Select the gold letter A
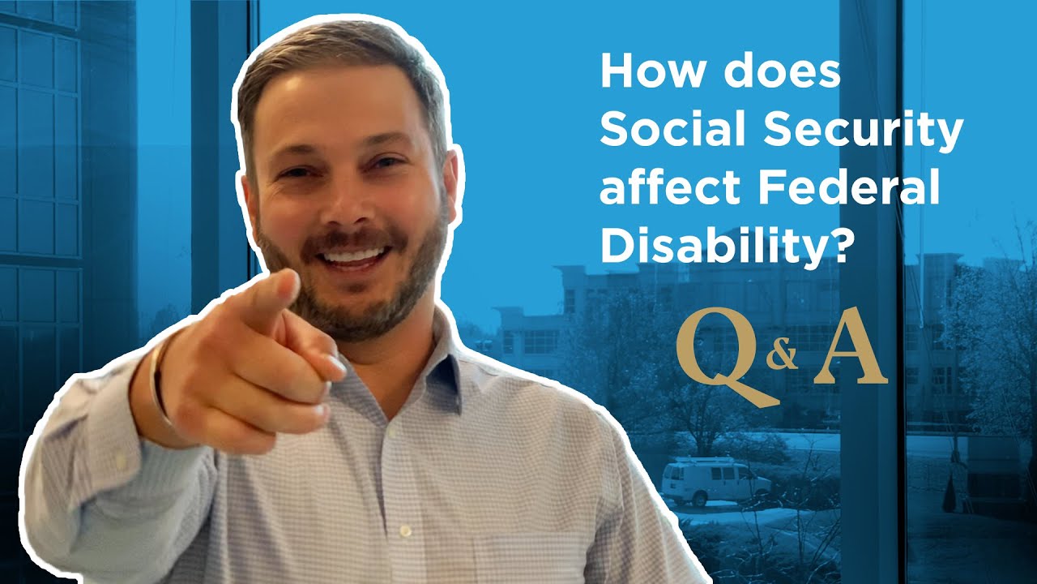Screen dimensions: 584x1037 click(x=850, y=351)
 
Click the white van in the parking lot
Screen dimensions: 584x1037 click(x=713, y=482)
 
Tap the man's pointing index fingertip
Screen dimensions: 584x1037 click(x=335, y=367)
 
